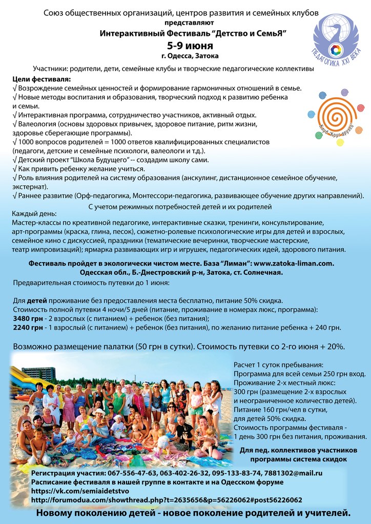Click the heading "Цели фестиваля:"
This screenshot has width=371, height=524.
coord(42,79)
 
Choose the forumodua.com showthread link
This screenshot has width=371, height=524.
coord(167,499)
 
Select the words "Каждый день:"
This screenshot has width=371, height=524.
coord(34,214)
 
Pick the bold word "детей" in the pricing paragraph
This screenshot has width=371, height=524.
coord(36,300)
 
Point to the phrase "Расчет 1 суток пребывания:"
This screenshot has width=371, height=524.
coord(278,364)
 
